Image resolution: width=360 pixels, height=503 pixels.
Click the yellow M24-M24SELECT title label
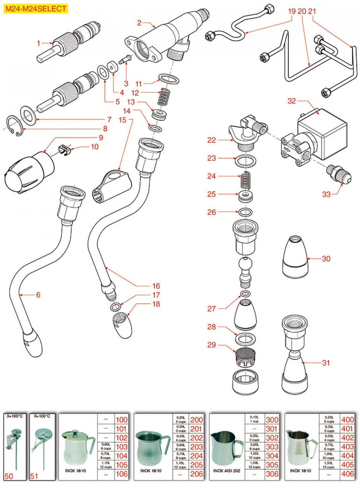[36, 9]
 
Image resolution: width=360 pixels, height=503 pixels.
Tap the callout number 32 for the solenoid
[292, 101]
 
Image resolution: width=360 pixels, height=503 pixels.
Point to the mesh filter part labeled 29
[245, 357]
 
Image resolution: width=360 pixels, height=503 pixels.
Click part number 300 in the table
[272, 420]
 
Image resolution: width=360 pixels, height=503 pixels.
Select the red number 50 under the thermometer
[9, 476]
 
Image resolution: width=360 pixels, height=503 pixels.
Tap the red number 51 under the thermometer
[34, 476]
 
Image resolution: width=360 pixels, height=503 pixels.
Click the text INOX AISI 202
[227, 471]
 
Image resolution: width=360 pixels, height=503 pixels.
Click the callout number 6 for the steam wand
[38, 295]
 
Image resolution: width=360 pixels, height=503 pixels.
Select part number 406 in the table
[348, 474]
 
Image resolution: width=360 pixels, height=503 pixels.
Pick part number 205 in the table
[197, 465]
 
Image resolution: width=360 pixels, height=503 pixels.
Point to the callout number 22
[211, 140]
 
